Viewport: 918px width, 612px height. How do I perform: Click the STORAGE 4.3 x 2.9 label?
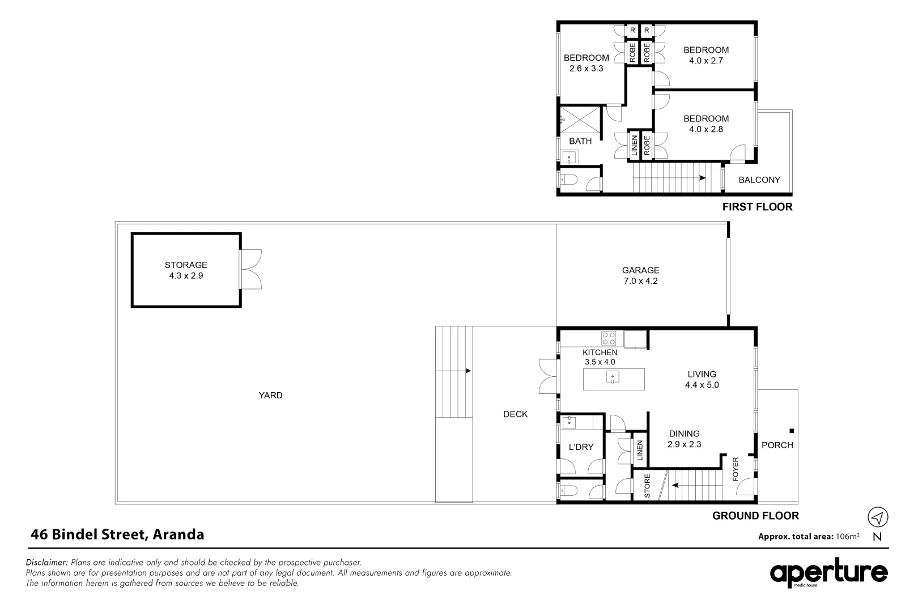(186, 270)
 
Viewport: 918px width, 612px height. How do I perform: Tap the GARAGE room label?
(640, 275)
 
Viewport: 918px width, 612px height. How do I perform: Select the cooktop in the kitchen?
(609, 338)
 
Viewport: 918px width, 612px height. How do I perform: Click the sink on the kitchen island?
(613, 378)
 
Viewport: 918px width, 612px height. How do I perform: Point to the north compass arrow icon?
(878, 517)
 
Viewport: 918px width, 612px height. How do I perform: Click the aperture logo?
(828, 573)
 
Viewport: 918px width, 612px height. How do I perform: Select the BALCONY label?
(759, 180)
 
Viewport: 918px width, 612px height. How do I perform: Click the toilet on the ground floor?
(567, 491)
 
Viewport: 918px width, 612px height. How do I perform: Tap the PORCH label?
(777, 445)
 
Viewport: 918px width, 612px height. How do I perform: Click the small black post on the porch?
(792, 430)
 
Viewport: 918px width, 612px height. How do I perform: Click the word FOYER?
(736, 469)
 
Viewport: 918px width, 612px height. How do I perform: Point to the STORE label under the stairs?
(647, 486)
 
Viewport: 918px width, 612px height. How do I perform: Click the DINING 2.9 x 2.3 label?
(684, 439)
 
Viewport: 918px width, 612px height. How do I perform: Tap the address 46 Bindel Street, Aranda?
(117, 534)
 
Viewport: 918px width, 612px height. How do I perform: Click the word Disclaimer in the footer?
(47, 563)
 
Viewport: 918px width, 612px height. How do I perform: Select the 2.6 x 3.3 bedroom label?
(586, 63)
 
